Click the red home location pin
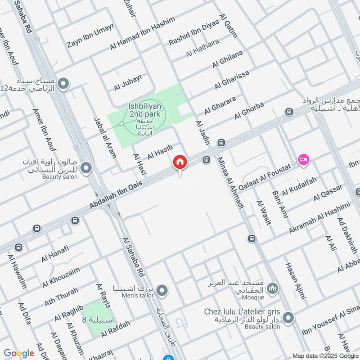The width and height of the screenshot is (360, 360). tap(180, 162)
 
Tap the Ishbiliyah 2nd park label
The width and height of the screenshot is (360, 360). tap(145, 110)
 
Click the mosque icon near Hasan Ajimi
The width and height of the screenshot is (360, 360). tap(272, 288)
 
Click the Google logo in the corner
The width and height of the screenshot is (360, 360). tap(19, 353)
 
